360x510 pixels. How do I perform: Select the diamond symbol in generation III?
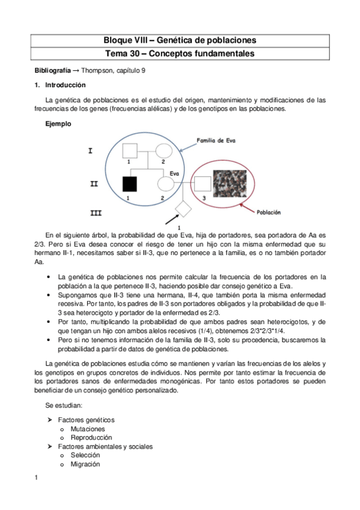coord(183,210)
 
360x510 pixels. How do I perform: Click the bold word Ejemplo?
coord(58,124)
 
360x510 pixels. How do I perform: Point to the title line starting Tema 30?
coord(180,54)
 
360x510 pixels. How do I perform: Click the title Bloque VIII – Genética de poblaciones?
coord(180,40)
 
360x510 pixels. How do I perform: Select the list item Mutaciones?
coord(87,429)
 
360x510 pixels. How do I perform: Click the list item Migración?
coord(85,464)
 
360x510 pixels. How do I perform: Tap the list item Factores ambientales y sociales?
coord(105,447)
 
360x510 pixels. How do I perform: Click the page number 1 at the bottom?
coord(37,478)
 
